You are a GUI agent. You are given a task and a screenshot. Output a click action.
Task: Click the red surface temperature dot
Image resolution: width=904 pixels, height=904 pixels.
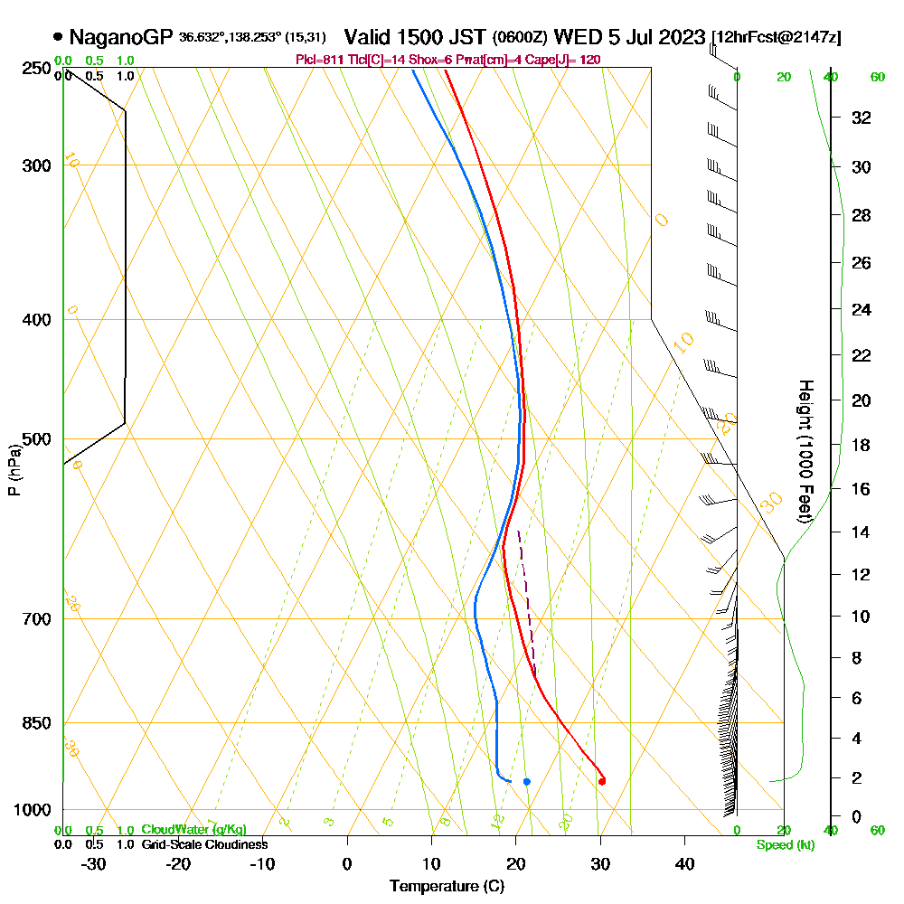(601, 781)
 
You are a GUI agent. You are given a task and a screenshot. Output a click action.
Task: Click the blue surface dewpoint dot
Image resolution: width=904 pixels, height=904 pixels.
(526, 781)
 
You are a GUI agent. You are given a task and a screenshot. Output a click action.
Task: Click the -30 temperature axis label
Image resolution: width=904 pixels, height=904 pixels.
(94, 863)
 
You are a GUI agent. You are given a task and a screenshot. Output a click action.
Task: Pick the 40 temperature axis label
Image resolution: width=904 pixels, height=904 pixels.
(684, 863)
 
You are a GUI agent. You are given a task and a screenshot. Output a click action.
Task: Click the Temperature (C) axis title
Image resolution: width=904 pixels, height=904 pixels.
(447, 886)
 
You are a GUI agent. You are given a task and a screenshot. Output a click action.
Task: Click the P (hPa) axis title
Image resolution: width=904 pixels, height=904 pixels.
(14, 470)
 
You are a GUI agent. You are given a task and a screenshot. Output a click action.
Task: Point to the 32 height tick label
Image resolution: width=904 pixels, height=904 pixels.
(860, 118)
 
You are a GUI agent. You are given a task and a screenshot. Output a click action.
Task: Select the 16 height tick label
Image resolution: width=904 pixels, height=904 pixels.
(860, 489)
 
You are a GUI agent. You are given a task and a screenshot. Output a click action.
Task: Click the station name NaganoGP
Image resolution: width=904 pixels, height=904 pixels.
(120, 38)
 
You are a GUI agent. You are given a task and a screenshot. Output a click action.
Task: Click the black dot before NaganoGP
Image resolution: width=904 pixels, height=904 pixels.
(59, 38)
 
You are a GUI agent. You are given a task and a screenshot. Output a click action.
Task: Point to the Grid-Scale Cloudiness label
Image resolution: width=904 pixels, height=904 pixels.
(204, 844)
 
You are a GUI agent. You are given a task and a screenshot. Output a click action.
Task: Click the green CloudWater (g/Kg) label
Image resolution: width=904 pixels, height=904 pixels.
(193, 830)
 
